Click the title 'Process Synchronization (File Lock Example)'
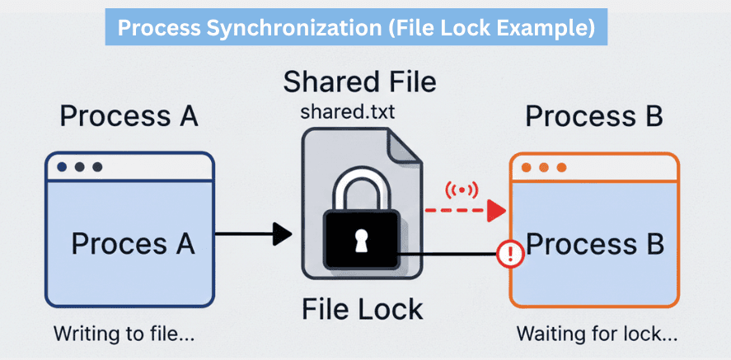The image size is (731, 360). [x=355, y=28]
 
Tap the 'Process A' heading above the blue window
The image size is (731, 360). [x=129, y=116]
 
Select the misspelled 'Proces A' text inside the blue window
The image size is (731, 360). [x=133, y=243]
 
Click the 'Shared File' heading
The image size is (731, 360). [x=360, y=82]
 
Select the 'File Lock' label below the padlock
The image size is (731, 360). [x=362, y=309]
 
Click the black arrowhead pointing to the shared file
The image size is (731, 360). [x=282, y=234]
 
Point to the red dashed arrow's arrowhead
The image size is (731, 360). [x=495, y=211]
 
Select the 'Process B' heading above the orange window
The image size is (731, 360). [x=593, y=116]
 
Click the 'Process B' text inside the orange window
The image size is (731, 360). [x=595, y=244]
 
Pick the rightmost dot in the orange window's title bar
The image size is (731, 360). [x=562, y=167]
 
